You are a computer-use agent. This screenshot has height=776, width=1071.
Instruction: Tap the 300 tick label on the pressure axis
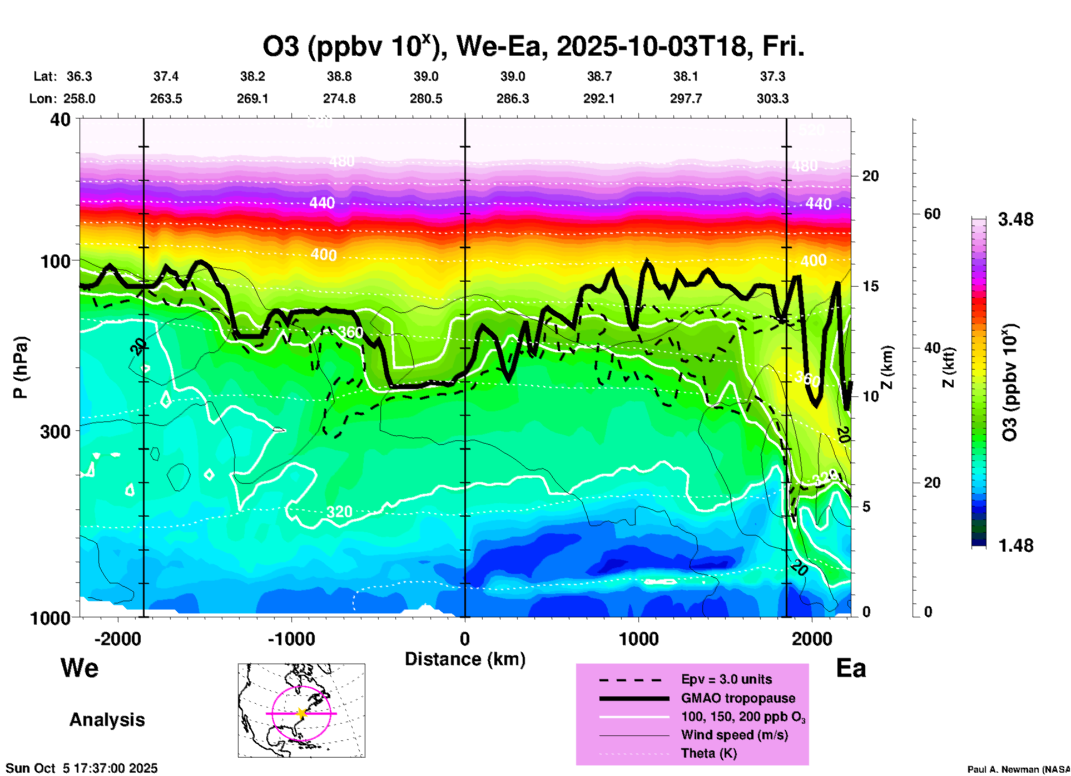point(55,431)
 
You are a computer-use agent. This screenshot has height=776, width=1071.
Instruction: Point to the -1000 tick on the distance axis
point(291,639)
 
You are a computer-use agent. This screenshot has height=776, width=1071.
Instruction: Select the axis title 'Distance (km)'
point(464,659)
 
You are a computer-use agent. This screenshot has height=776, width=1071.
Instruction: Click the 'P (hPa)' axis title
point(21,367)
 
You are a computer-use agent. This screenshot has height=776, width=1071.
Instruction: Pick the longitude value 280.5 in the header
point(426,99)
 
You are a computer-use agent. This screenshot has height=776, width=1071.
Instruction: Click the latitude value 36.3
point(79,76)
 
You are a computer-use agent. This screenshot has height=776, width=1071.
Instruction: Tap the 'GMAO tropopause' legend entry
point(737,698)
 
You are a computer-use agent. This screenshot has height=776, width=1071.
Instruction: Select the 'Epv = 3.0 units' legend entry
point(726,680)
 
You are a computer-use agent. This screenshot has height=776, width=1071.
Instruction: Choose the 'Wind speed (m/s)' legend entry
point(734,735)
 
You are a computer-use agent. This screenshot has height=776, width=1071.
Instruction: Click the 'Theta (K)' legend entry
point(708,754)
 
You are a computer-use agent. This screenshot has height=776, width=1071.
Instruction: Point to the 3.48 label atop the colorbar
point(1015,220)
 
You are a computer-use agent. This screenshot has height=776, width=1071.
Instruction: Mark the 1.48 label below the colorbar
point(1015,545)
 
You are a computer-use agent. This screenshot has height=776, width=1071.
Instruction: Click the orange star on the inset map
point(301,713)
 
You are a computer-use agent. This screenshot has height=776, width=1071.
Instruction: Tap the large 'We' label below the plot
point(80,667)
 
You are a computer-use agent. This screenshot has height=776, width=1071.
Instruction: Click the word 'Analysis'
point(107,720)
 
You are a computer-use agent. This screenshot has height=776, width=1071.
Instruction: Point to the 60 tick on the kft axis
point(932,214)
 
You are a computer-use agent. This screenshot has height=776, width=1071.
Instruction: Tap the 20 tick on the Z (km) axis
point(870,176)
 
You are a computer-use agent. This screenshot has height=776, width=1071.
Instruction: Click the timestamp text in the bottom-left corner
point(82,768)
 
